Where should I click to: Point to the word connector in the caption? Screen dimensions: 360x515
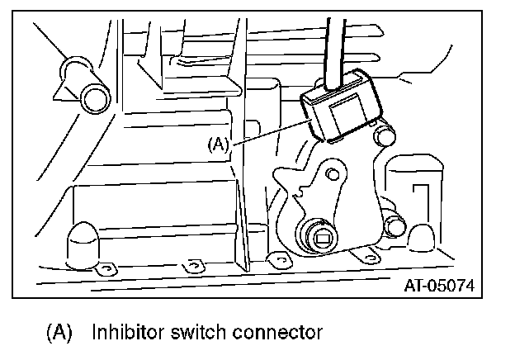(x=273, y=334)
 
